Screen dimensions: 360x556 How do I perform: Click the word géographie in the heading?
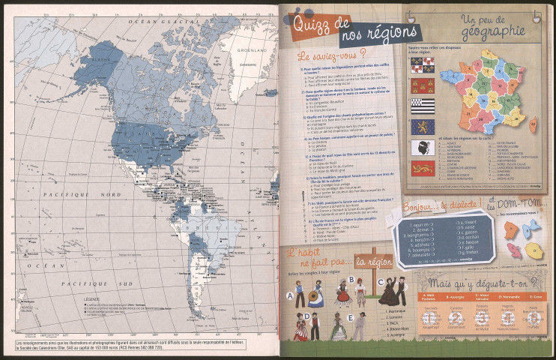click(x=492, y=31)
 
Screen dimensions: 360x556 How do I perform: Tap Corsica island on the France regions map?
click(x=528, y=120)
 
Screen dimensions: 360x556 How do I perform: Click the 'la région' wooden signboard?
click(x=372, y=261)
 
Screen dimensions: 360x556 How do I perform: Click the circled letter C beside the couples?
click(x=381, y=280)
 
